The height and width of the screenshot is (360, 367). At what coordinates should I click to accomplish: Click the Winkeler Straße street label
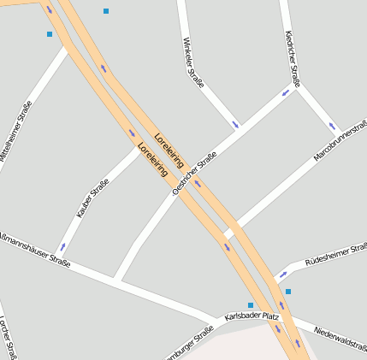pyautogui.click(x=193, y=63)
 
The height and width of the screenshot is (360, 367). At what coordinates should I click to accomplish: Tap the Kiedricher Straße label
pyautogui.click(x=293, y=59)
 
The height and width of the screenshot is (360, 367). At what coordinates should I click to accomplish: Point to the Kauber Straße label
pyautogui.click(x=92, y=198)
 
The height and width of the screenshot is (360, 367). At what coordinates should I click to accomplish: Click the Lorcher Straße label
pyautogui.click(x=9, y=339)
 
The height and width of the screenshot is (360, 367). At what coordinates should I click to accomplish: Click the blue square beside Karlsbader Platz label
pyautogui.click(x=251, y=305)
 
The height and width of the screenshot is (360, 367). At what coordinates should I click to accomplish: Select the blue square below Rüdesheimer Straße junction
pyautogui.click(x=288, y=292)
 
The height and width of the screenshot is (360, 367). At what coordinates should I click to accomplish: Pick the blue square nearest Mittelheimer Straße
pyautogui.click(x=50, y=34)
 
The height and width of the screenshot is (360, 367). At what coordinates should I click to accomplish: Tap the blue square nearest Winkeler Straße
pyautogui.click(x=106, y=11)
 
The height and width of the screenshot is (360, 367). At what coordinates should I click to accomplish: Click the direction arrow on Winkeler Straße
pyautogui.click(x=235, y=124)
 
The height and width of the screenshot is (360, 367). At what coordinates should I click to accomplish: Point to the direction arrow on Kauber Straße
pyautogui.click(x=62, y=247)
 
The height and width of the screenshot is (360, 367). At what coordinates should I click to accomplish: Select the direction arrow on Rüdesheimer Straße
pyautogui.click(x=282, y=274)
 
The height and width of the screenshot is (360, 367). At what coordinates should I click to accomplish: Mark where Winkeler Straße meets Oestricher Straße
pyautogui.click(x=240, y=131)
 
